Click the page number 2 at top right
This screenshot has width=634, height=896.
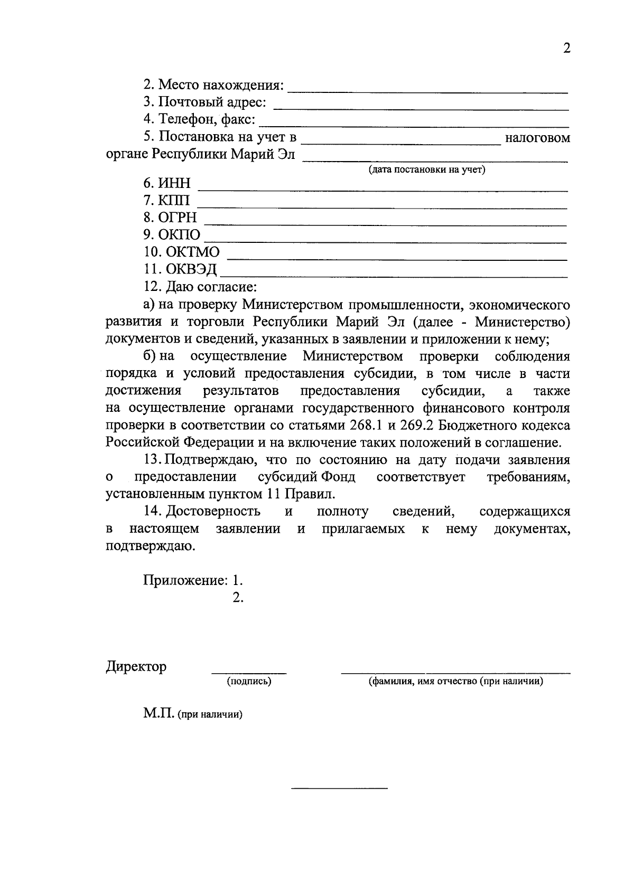coord(567,49)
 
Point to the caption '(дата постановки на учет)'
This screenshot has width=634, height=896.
coord(427,170)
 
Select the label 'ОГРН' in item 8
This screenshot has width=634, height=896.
coord(178,218)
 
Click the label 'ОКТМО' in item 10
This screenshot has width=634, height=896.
coord(192,252)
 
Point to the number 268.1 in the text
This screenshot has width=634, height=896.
coord(366,426)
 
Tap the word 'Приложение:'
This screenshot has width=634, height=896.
coord(185,580)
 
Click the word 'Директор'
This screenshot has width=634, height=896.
coord(136,666)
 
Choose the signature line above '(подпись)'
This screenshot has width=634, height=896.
coord(249,673)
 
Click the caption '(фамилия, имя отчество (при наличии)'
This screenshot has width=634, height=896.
coord(456,681)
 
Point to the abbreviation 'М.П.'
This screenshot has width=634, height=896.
coord(158,714)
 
